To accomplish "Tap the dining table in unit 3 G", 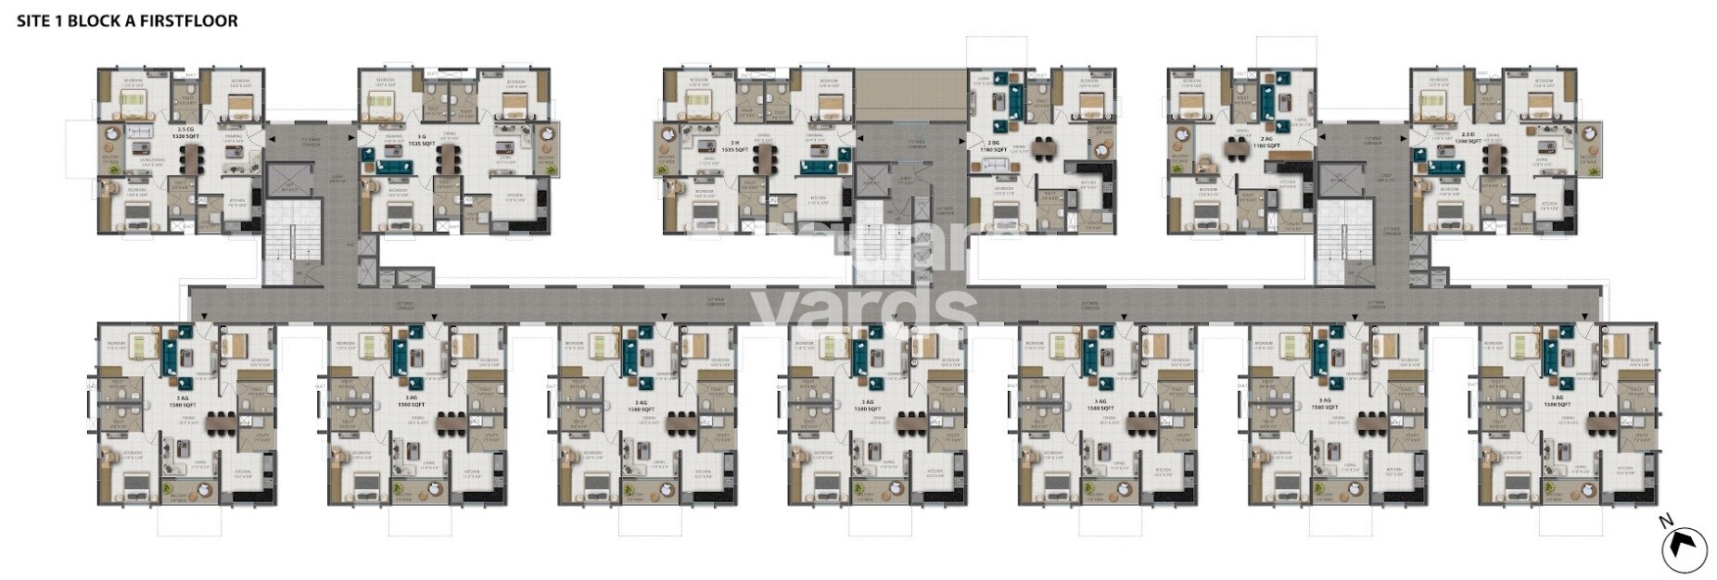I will [x=448, y=161].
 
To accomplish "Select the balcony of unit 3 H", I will [x=667, y=149].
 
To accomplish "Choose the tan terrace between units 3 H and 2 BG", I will [x=909, y=94].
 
